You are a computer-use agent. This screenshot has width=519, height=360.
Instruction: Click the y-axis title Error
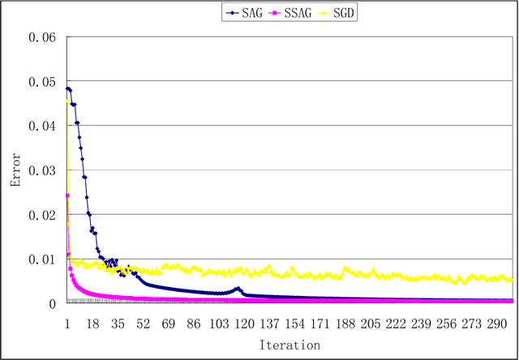coord(14,170)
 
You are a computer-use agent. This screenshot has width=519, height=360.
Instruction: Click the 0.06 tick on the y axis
coord(42,37)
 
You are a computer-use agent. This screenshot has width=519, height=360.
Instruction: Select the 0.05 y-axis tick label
coord(42,82)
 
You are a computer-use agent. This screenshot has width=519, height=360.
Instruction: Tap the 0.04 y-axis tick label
coord(42,126)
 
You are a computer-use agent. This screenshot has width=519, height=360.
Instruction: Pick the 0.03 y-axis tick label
coord(42,170)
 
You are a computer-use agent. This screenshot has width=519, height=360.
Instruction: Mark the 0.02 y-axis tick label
coord(42,215)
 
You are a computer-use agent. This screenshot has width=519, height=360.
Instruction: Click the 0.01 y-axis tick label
coord(42,259)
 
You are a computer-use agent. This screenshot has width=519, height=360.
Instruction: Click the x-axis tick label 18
coord(92,323)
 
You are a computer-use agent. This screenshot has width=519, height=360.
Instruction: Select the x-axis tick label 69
coord(169,323)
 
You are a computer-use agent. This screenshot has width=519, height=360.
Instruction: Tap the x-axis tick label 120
coord(244,323)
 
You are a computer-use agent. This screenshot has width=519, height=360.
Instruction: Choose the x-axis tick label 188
coord(345,323)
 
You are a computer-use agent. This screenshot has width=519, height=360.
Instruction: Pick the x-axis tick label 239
coord(421,323)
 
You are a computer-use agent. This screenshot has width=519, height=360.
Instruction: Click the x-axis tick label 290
coord(497,323)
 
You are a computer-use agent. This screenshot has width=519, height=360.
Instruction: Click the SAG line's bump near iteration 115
coord(237,288)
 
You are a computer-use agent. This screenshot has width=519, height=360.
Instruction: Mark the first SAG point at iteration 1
coord(66,88)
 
